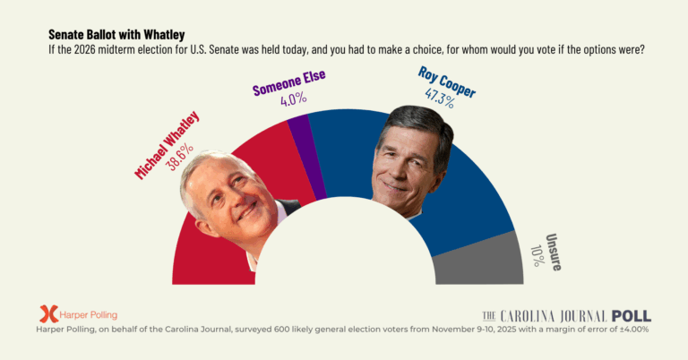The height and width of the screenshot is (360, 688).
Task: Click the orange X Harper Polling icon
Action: (48, 314)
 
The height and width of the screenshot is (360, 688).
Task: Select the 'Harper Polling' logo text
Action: (89, 315)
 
